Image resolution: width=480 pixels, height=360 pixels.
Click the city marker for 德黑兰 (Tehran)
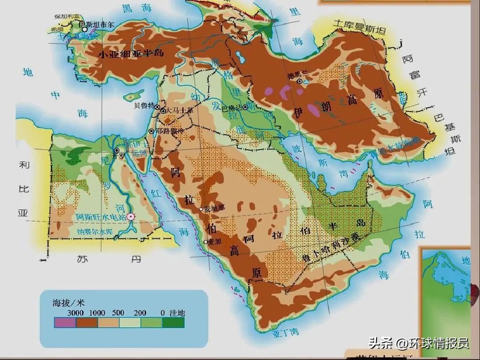tap(300, 81)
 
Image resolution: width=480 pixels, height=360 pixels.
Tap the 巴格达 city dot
tap(245, 107)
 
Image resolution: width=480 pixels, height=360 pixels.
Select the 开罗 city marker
tap(116, 150)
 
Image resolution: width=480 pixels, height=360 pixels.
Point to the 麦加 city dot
tap(205, 241)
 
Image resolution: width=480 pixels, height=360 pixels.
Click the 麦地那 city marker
tap(201, 209)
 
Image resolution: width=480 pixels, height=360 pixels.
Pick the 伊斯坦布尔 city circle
tap(84, 29)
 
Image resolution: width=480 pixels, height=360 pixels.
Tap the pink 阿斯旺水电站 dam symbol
tap(130, 216)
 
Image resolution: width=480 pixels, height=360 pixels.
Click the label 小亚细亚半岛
tap(131, 54)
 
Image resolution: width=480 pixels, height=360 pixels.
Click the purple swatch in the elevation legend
tap(65, 322)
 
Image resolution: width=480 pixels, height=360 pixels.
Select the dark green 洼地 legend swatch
tap(173, 322)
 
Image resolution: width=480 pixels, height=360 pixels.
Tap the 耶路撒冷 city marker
tap(152, 131)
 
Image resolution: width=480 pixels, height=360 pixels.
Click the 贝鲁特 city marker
tap(157, 107)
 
